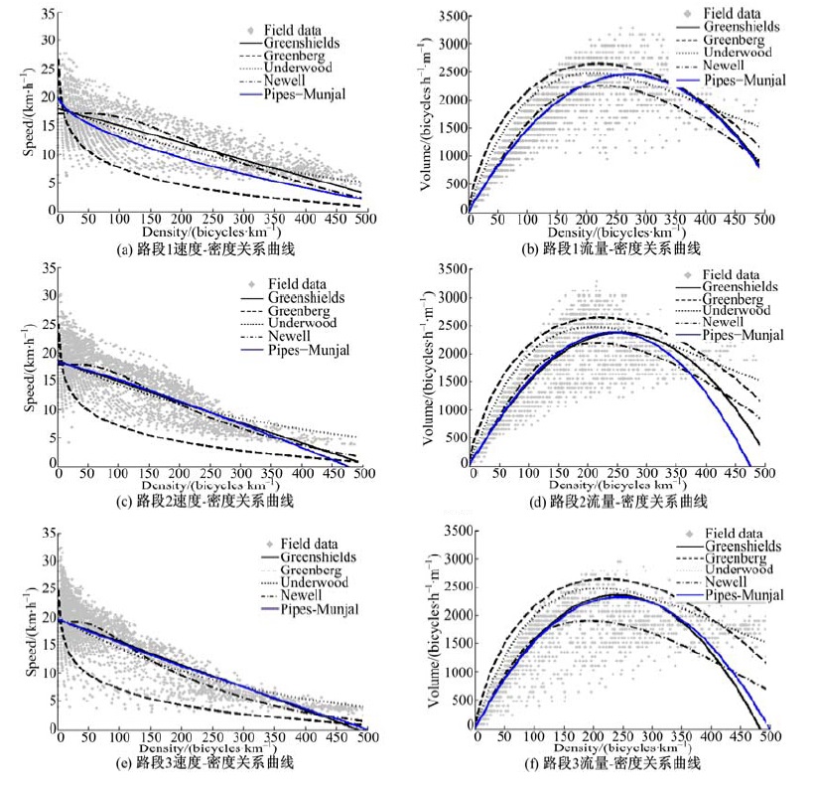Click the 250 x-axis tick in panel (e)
210,737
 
